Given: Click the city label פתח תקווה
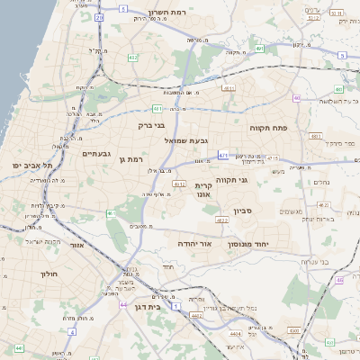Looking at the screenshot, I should click(x=268, y=129).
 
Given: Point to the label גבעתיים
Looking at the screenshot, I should click(x=96, y=154).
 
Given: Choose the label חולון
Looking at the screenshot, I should click(x=49, y=274).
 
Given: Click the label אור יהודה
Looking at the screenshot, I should click(x=193, y=244).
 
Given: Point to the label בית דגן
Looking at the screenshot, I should click(x=158, y=307).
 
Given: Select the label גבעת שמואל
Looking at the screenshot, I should click(x=186, y=140).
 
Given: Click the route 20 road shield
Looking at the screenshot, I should click(x=99, y=17).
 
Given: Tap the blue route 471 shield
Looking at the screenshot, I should click(x=223, y=155).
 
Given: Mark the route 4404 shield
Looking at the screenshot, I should click(x=236, y=334).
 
